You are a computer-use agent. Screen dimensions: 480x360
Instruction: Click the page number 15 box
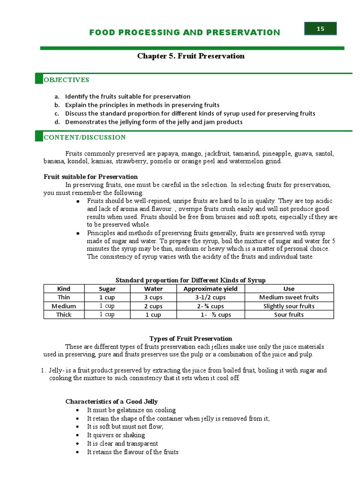[x=320, y=29]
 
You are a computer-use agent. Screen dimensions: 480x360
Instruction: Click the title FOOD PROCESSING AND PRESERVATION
[x=185, y=32]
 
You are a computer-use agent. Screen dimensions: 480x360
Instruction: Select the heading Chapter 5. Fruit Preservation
[x=191, y=56]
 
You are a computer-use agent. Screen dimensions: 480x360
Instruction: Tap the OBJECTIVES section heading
[x=66, y=80]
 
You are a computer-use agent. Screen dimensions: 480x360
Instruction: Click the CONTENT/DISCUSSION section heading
[x=84, y=137]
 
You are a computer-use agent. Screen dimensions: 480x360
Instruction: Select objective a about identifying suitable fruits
[x=127, y=97]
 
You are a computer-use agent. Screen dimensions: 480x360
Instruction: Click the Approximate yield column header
[x=210, y=289]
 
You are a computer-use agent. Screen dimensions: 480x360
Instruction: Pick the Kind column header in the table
[x=64, y=289]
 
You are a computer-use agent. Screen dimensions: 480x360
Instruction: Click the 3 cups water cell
[x=153, y=297]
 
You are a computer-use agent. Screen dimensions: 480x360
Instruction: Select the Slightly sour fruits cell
[x=289, y=306]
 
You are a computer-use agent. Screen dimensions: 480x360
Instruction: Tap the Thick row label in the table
[x=64, y=315]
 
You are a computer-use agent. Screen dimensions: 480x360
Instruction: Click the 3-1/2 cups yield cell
[x=210, y=297]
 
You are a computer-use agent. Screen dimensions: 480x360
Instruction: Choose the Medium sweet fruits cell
[x=289, y=297]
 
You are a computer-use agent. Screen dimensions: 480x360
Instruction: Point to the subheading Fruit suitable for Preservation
[x=90, y=177]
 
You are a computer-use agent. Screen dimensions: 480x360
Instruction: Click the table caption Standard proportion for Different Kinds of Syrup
[x=190, y=280]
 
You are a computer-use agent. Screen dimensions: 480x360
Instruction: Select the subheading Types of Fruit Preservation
[x=190, y=338]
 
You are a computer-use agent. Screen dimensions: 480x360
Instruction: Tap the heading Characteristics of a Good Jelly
[x=111, y=401]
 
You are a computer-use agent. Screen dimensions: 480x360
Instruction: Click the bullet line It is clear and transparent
[x=122, y=443]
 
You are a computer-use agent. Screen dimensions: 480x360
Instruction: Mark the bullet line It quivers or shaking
[x=116, y=435]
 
